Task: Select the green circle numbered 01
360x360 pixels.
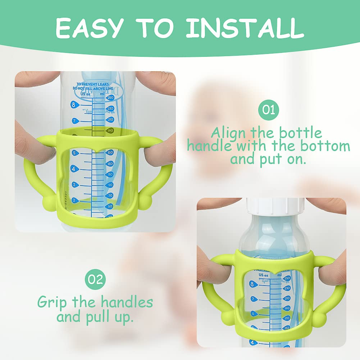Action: (268, 109)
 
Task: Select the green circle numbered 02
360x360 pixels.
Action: (95, 279)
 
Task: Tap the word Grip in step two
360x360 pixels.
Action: (52, 302)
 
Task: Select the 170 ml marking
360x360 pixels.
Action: (287, 318)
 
